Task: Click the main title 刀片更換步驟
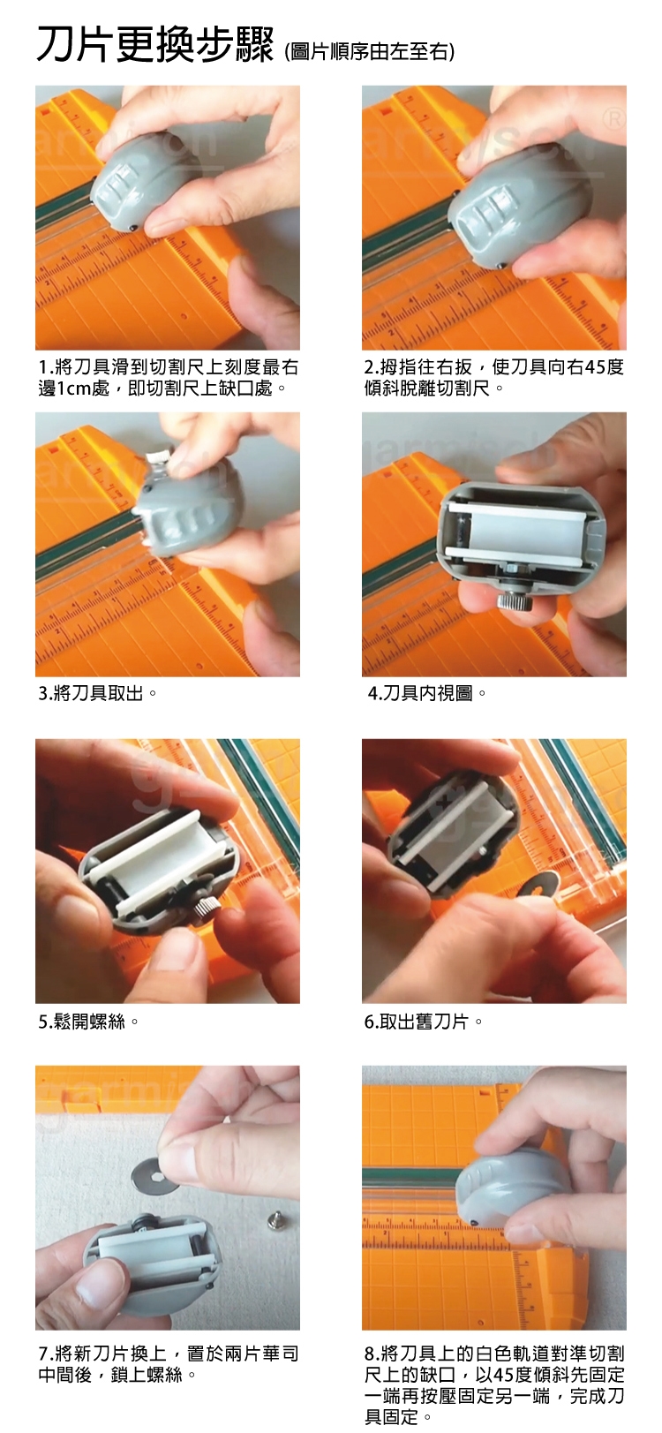click(155, 46)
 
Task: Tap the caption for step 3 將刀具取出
click(97, 693)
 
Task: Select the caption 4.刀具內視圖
click(426, 693)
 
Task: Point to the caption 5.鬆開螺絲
click(88, 1022)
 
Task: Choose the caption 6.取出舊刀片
click(423, 1022)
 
